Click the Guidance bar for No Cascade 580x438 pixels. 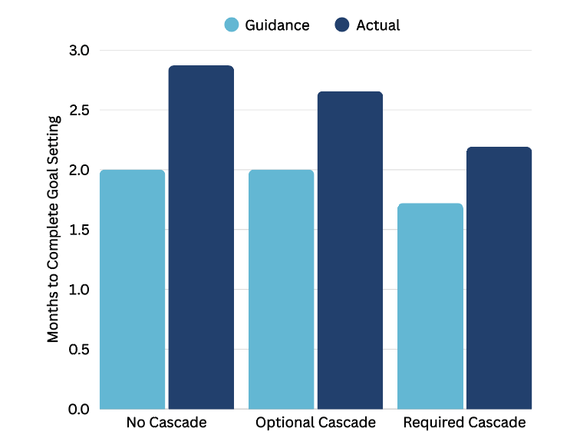[x=133, y=289]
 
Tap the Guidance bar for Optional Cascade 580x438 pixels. [x=282, y=289]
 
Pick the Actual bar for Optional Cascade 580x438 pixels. [x=350, y=250]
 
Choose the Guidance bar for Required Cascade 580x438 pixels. [x=430, y=306]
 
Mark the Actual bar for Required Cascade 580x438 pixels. [x=499, y=277]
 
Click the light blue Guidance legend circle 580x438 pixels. [x=232, y=25]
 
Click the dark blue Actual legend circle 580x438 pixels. [x=343, y=25]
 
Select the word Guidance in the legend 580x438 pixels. [x=277, y=25]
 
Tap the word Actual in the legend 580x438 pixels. [x=377, y=25]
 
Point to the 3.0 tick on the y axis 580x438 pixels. [x=79, y=51]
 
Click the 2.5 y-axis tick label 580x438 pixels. [x=79, y=111]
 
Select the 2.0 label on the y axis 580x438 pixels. [x=79, y=170]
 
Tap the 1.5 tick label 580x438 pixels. [x=79, y=230]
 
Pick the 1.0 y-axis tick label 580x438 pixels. [x=79, y=290]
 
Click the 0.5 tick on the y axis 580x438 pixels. [x=79, y=349]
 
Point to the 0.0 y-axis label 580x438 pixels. [x=79, y=409]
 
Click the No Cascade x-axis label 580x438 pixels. [x=166, y=423]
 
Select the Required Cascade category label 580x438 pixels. [x=464, y=423]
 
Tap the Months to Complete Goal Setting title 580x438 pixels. [x=54, y=230]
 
